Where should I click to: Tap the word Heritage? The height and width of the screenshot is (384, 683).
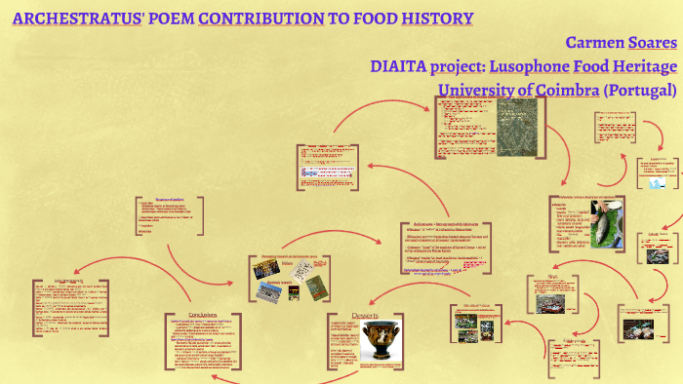[x=643, y=66]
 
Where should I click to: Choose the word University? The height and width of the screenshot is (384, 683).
[x=476, y=90]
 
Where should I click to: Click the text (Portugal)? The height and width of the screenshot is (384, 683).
[x=640, y=90]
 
